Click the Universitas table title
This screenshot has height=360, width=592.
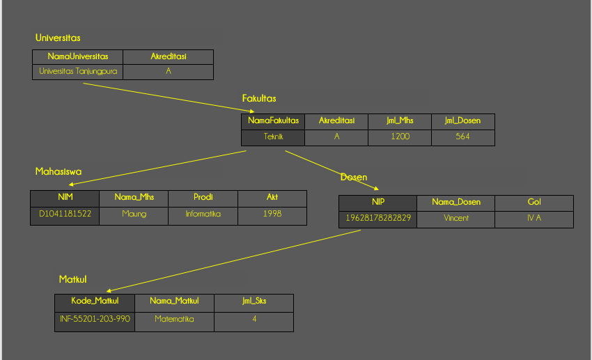58,38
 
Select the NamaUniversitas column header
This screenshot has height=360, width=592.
78,57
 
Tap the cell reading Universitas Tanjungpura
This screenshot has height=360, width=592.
78,72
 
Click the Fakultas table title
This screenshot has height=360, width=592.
259,98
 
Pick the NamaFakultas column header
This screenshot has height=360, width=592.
274,121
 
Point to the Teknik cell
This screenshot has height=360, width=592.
274,137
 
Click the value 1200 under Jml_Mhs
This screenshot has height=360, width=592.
400,137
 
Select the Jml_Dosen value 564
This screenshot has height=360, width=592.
463,137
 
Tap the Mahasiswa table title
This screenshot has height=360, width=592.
59,171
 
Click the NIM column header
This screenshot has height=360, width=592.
65,198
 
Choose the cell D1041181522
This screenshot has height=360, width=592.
65,214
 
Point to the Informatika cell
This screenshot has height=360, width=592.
203,214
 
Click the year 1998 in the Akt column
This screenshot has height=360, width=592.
272,214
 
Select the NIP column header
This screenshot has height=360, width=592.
378,203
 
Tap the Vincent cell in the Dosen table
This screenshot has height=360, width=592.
456,219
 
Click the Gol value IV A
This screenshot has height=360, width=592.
534,219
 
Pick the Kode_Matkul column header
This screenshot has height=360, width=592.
95,302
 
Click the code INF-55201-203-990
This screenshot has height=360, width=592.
95,320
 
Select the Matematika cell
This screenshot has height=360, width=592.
174,320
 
